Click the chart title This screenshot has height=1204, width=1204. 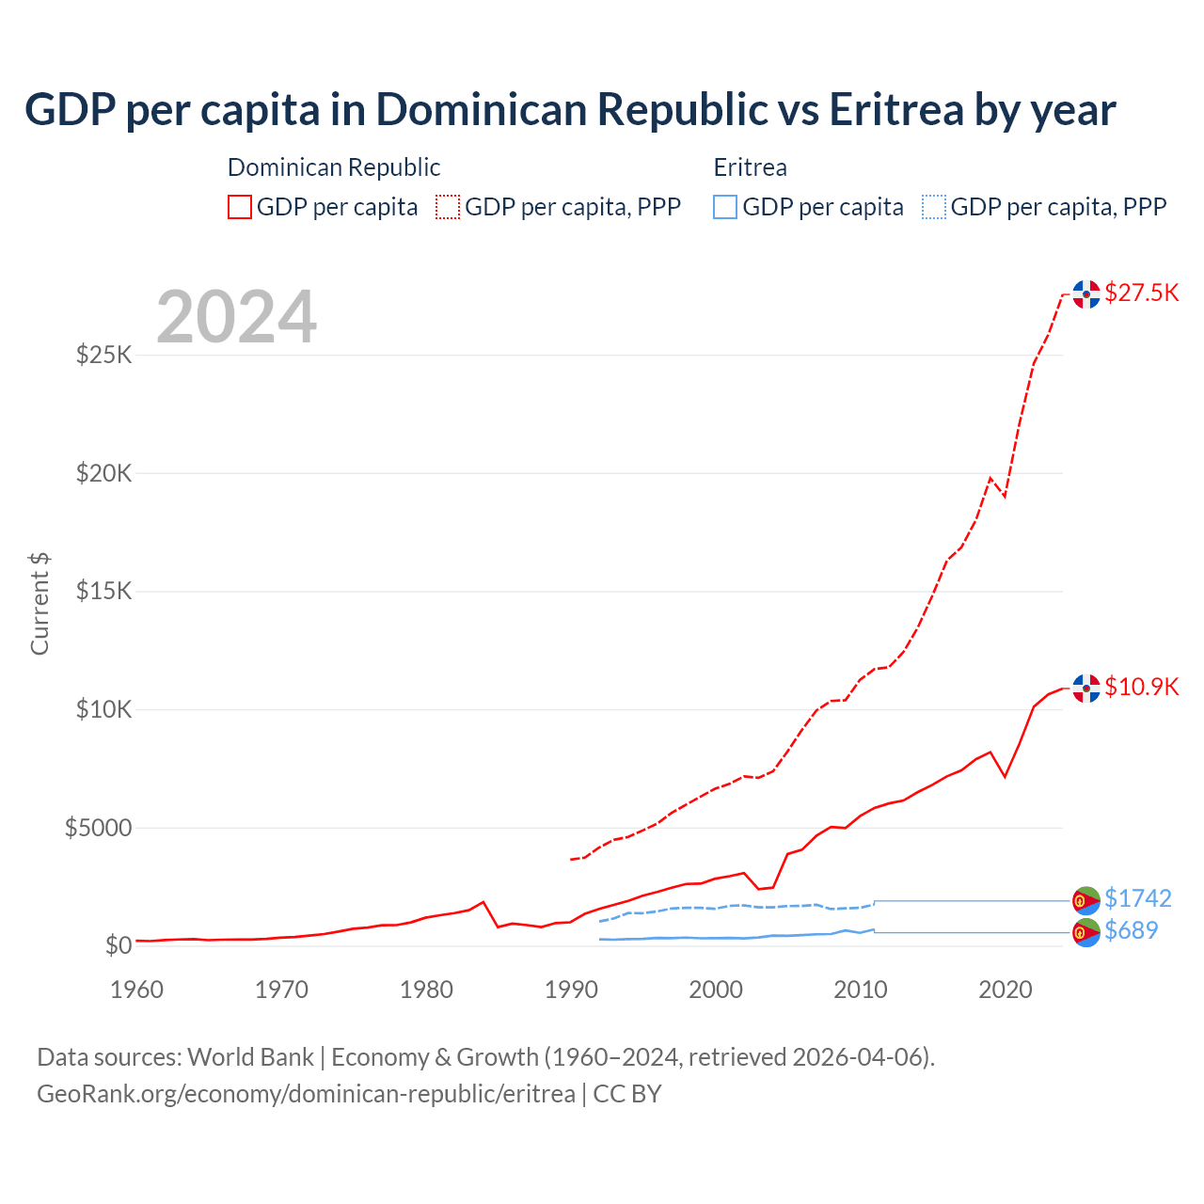click(570, 110)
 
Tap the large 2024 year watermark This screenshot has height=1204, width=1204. click(237, 317)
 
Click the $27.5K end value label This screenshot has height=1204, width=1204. click(1141, 293)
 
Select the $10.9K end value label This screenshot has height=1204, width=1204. click(1141, 687)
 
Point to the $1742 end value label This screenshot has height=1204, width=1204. click(1137, 898)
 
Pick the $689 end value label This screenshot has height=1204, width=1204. click(1131, 930)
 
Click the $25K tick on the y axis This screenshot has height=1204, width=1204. click(104, 356)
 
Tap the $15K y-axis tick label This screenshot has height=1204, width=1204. click(104, 592)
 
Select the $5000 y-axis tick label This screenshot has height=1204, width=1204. click(98, 828)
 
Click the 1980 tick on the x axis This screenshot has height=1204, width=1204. click(426, 990)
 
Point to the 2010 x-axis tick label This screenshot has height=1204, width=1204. click(861, 990)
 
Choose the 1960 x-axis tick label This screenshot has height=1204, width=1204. click(137, 990)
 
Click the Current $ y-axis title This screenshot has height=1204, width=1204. click(40, 603)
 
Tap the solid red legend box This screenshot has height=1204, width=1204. click(240, 207)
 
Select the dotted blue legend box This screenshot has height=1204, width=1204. click(934, 207)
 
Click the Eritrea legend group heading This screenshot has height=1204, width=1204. click(750, 167)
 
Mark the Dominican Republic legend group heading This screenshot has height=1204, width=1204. click(334, 167)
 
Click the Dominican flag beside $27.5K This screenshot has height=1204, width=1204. click(1086, 294)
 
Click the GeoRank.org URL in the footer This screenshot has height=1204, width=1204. click(306, 1094)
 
